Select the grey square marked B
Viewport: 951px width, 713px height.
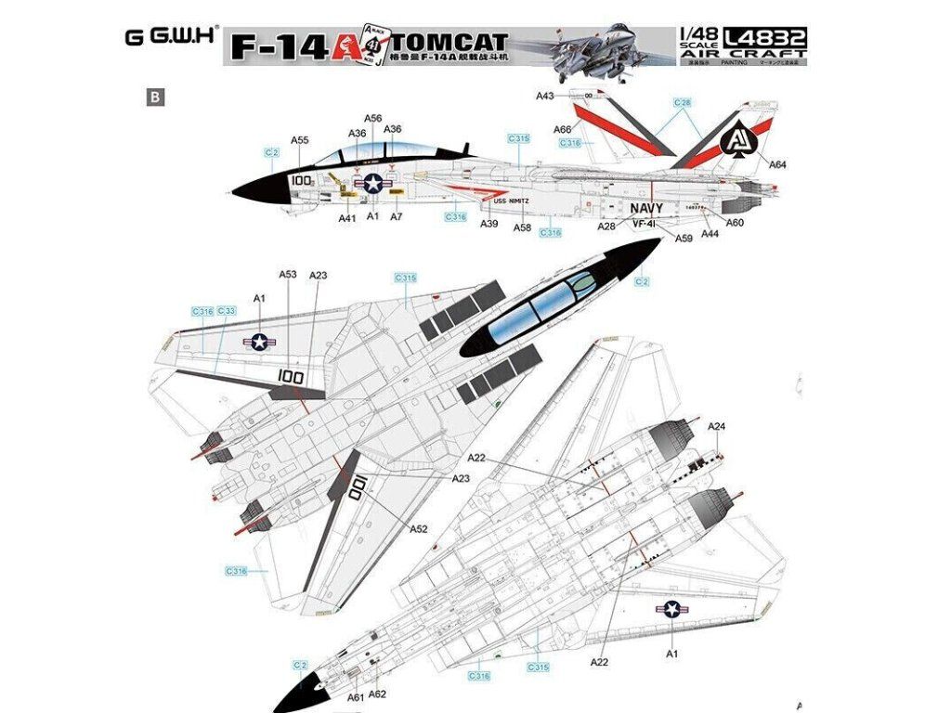click(x=154, y=95)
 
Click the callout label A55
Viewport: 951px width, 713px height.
click(x=299, y=140)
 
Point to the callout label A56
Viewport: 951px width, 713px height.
click(x=372, y=118)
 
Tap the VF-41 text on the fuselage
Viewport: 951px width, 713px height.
click(x=645, y=224)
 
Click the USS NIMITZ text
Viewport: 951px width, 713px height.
click(x=510, y=201)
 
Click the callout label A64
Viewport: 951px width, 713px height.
click(x=778, y=165)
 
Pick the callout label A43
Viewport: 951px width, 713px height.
click(x=545, y=96)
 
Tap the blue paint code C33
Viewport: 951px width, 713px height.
click(x=226, y=311)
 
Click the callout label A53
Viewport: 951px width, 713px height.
click(x=288, y=274)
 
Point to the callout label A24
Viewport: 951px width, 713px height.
click(x=716, y=426)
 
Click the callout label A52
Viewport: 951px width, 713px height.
click(x=419, y=528)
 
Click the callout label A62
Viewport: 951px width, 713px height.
click(x=377, y=694)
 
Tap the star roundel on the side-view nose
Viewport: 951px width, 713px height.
click(x=372, y=184)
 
